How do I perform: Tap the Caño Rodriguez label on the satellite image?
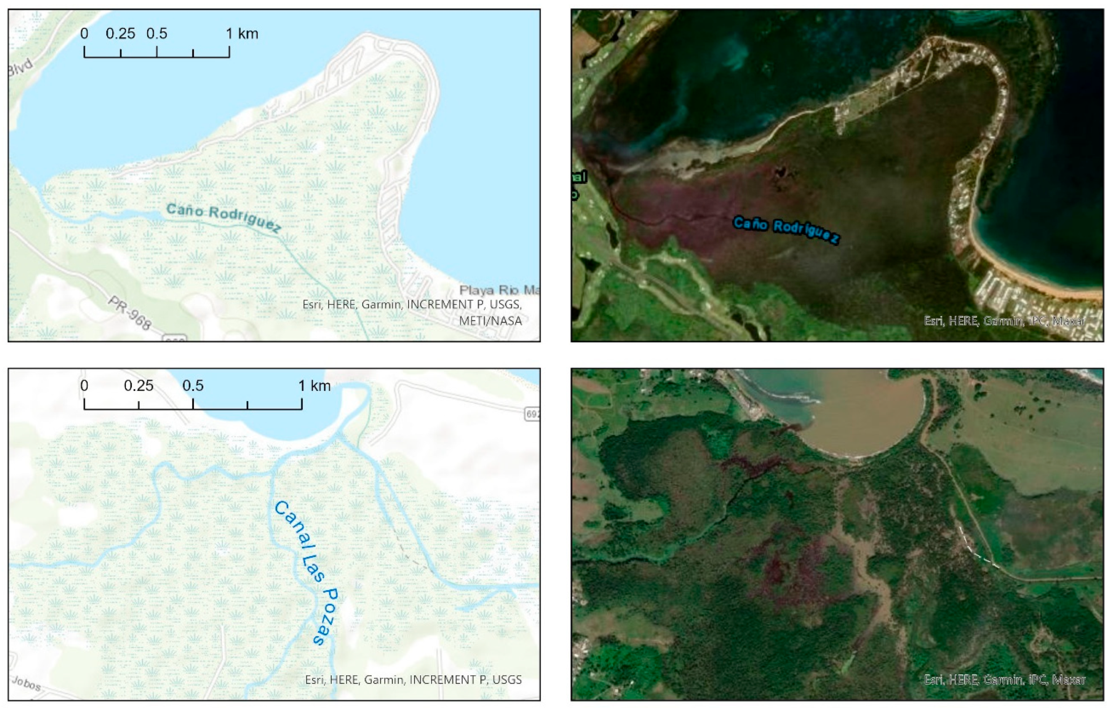pos(786,230)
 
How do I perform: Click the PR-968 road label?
pos(130,313)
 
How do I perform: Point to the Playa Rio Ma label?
pos(499,290)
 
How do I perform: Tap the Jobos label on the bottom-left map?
pos(26,683)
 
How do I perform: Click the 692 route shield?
pos(533,414)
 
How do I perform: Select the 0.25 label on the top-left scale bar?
pos(121,34)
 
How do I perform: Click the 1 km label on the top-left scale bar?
pos(242,34)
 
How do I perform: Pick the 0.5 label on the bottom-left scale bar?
pos(192,385)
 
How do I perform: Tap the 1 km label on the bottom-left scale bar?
pos(314,385)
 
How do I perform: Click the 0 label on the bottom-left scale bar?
pos(84,385)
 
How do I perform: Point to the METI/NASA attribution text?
pos(491,321)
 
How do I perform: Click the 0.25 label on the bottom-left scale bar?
pos(138,385)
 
